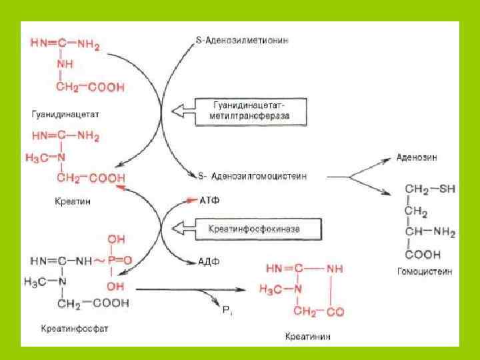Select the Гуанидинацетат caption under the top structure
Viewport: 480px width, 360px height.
point(65,114)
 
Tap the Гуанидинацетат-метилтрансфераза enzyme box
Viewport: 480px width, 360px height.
point(251,111)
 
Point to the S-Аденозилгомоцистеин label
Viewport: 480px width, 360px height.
point(253,177)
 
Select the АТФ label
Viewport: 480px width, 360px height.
point(209,199)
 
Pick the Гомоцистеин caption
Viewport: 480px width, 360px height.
point(424,271)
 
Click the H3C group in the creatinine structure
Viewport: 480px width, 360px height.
point(277,289)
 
